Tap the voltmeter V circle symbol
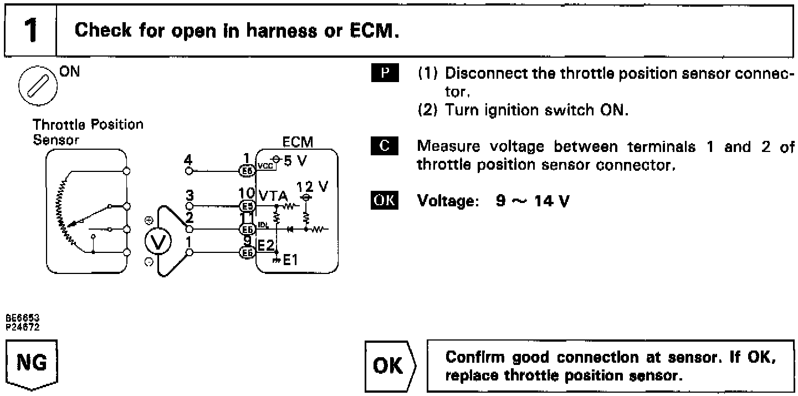click(157, 241)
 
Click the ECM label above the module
click(298, 143)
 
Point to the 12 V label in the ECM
click(313, 186)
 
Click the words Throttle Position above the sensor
click(88, 124)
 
